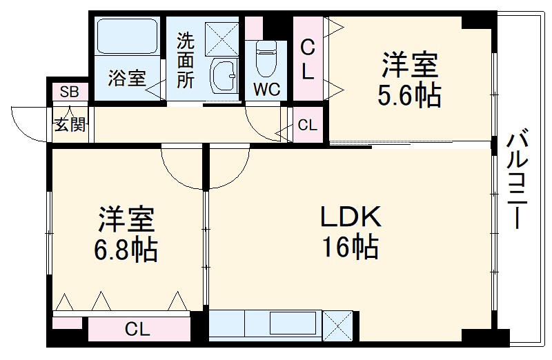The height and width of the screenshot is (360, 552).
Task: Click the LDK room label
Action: click(x=350, y=218)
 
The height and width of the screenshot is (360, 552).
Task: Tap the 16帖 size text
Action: click(x=350, y=246)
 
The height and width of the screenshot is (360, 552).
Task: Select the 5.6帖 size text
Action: click(x=408, y=96)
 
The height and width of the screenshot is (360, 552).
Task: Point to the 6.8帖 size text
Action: click(x=127, y=249)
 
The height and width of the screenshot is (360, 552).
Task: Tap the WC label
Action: click(x=266, y=89)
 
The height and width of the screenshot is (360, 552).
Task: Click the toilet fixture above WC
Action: click(x=266, y=59)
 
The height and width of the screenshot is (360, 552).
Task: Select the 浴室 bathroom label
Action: click(x=127, y=78)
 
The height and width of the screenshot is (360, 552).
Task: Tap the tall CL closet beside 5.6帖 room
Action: click(x=308, y=59)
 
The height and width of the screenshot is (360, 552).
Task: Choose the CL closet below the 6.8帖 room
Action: click(x=137, y=330)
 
